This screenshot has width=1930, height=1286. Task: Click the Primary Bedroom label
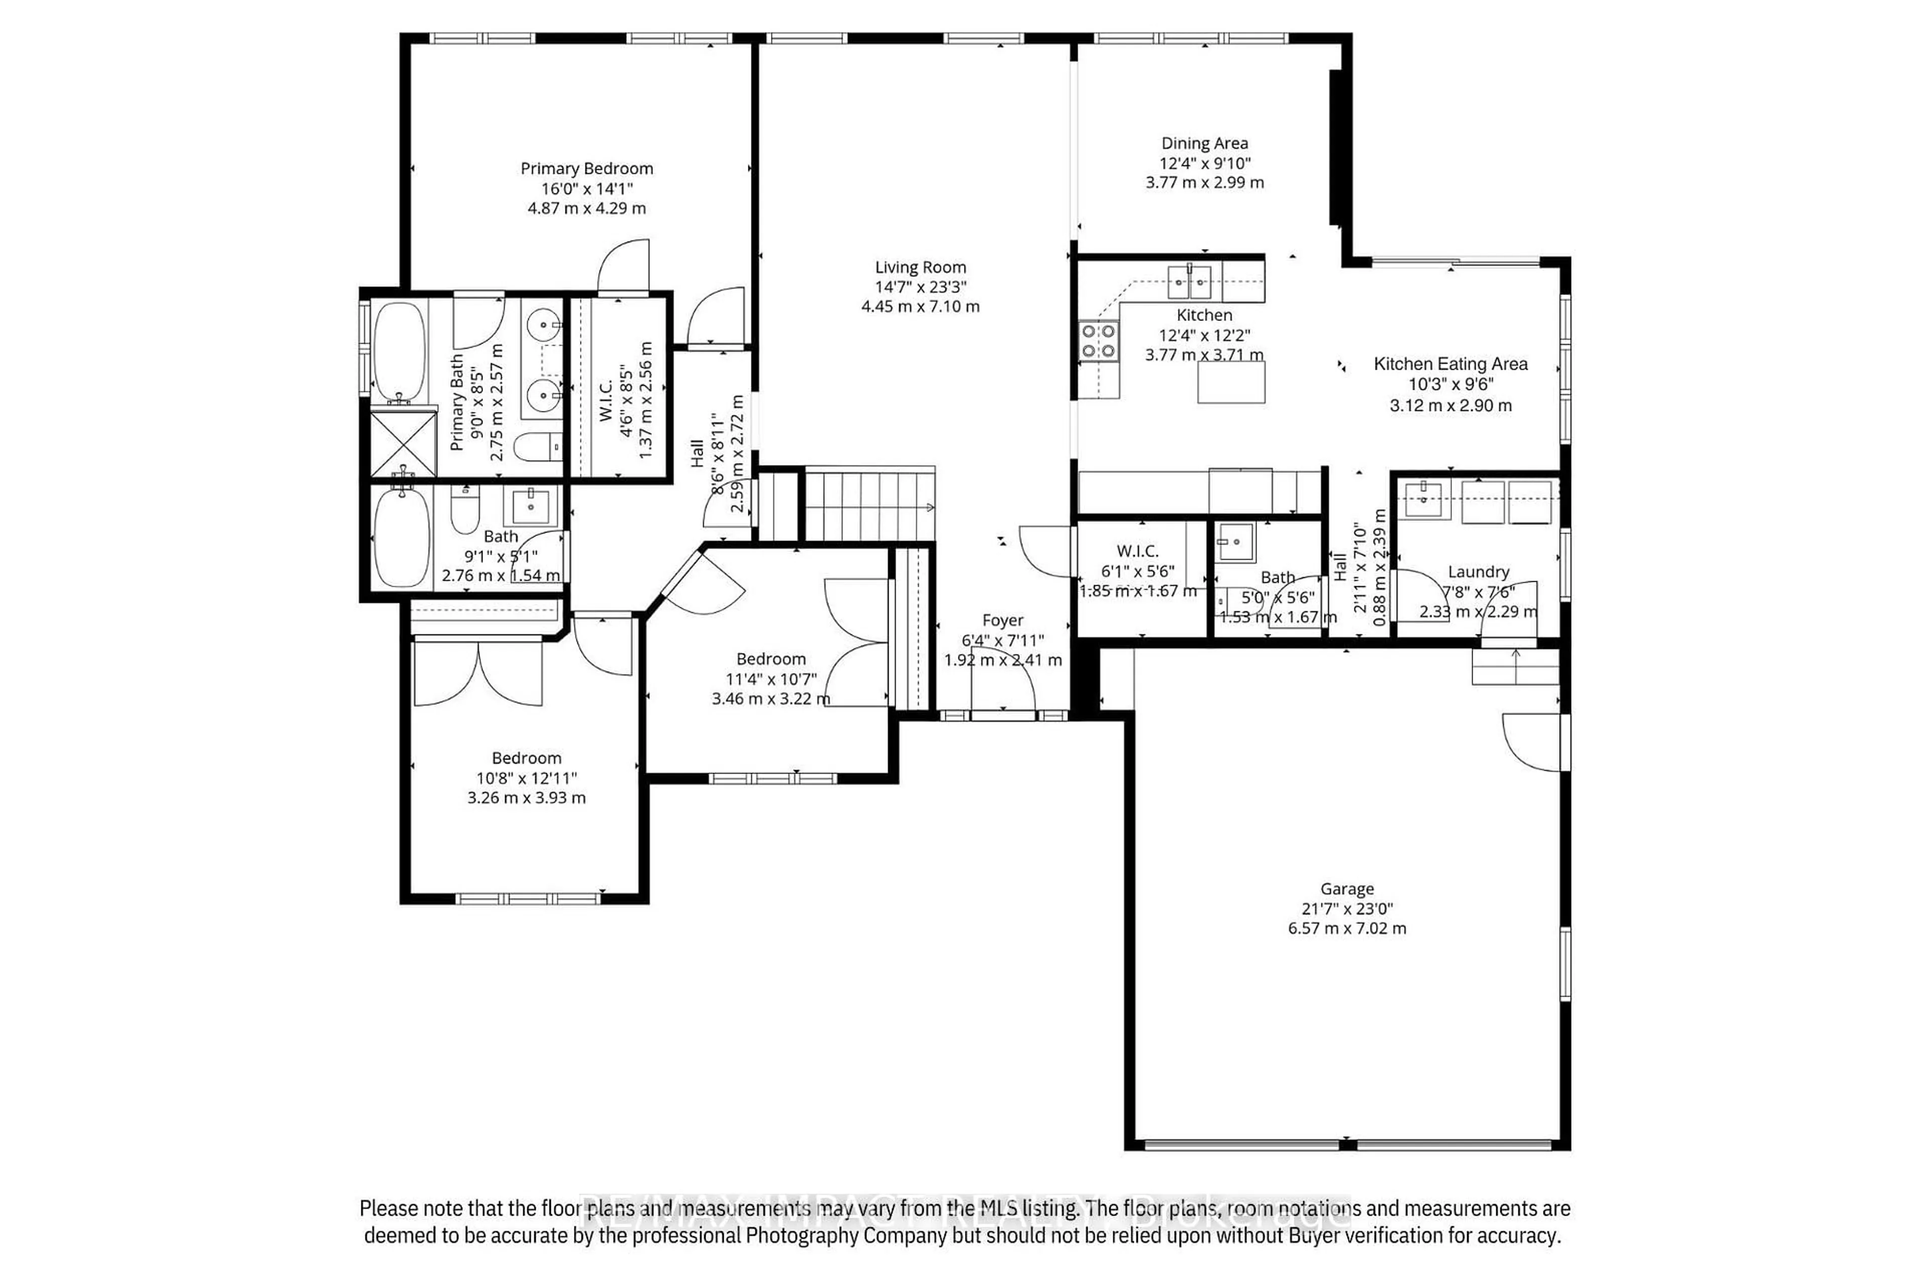[x=587, y=168]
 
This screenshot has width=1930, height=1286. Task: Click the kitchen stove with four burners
[x=1098, y=341]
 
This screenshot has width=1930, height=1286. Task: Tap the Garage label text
[x=1346, y=888]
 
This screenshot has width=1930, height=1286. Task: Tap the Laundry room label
[x=1478, y=572]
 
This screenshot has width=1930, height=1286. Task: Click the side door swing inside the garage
[x=1533, y=740]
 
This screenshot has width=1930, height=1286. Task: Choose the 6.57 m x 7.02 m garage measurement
[x=1346, y=928]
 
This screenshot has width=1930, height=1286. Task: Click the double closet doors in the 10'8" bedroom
[x=478, y=673]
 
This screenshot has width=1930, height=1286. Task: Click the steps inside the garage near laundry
[x=1515, y=666]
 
